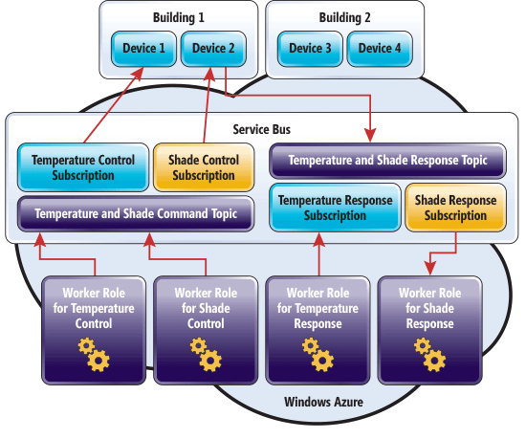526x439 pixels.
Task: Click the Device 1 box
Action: [x=143, y=49]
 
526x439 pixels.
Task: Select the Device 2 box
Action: [x=213, y=49]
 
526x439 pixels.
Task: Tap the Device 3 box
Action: [x=310, y=49]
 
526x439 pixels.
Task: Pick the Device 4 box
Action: [x=380, y=49]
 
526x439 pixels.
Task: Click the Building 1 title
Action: [x=179, y=17]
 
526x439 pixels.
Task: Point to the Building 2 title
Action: [x=344, y=17]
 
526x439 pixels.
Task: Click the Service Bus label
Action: [x=262, y=129]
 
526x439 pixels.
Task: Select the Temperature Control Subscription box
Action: [x=83, y=167]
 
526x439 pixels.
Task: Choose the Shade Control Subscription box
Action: [x=204, y=167]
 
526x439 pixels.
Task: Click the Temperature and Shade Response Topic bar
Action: [x=387, y=161]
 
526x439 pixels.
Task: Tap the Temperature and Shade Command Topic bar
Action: [x=136, y=214]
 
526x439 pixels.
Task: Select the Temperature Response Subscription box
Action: [x=335, y=208]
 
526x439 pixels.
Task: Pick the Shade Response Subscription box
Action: [x=455, y=208]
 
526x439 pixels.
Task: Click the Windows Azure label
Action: [x=323, y=402]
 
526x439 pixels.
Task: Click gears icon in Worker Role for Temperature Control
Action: [x=94, y=355]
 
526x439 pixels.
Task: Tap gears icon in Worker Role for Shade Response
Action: [x=429, y=355]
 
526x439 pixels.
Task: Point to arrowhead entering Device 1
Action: [x=139, y=74]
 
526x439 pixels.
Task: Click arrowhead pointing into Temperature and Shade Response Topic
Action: [x=370, y=136]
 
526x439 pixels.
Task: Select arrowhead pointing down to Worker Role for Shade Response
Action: [x=430, y=269]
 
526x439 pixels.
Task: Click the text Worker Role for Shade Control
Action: [x=206, y=308]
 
